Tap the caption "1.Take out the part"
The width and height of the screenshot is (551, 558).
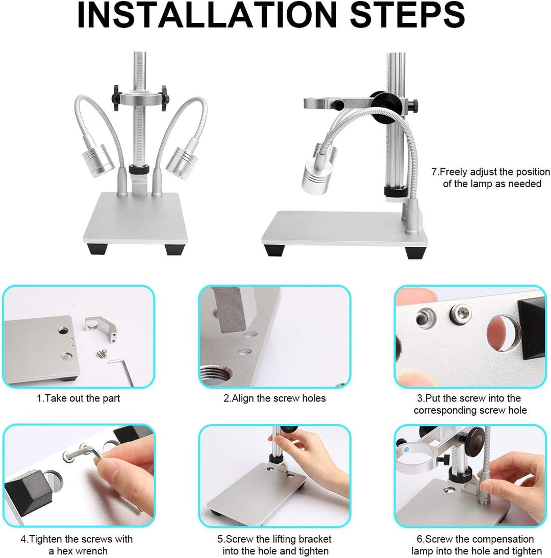click(x=78, y=398)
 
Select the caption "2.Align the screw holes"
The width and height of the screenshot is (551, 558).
click(x=274, y=398)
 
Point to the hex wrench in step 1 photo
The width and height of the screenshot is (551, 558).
click(x=122, y=369)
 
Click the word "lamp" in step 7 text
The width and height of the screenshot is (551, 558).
click(x=481, y=184)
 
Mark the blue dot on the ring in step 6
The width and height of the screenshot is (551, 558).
click(x=407, y=450)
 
